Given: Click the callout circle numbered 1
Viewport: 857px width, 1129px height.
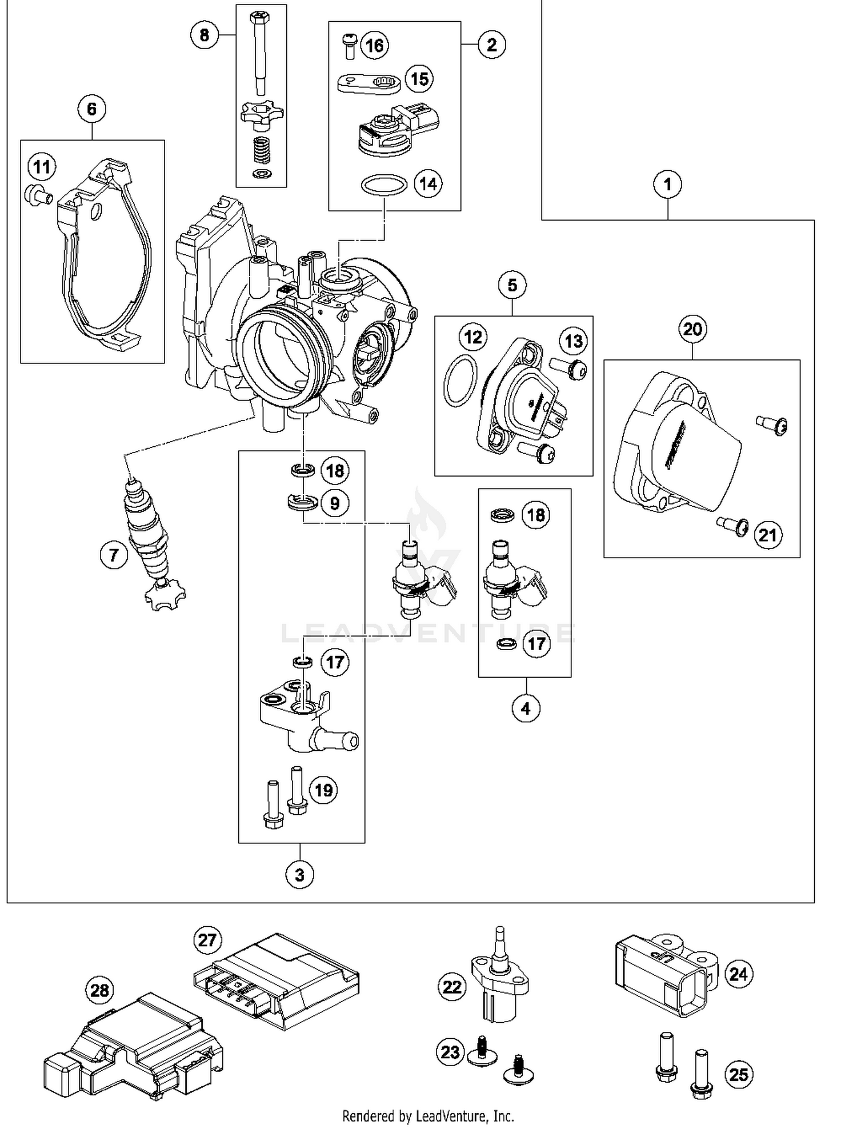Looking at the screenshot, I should (x=667, y=185).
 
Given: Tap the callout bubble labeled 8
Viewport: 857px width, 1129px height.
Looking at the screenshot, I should (x=204, y=35).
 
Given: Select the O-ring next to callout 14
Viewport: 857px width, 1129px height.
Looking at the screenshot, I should (x=384, y=185).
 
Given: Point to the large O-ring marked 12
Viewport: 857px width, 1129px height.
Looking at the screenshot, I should (x=459, y=381).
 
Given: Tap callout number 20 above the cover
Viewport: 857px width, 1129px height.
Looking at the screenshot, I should (x=692, y=329).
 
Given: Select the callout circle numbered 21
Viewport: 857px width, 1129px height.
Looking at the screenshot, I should (x=767, y=535).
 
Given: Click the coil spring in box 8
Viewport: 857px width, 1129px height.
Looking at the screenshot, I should (x=261, y=152).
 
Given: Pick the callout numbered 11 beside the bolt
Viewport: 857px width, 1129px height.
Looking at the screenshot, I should (x=42, y=167).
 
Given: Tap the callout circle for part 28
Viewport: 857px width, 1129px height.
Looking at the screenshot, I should (x=99, y=990).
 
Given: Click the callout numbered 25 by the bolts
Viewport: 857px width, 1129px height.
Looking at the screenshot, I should (x=738, y=1075).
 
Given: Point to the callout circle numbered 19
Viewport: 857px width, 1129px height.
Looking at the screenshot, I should (x=323, y=790).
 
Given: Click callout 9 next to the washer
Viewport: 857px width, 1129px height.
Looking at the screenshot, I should (x=335, y=503).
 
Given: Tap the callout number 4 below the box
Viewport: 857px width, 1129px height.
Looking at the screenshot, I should (x=526, y=708).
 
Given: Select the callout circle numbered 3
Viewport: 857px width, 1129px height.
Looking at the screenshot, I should (x=300, y=875).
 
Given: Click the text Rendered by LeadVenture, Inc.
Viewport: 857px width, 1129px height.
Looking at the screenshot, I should (x=428, y=1116).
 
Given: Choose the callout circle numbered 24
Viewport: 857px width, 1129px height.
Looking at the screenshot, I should (x=738, y=974).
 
